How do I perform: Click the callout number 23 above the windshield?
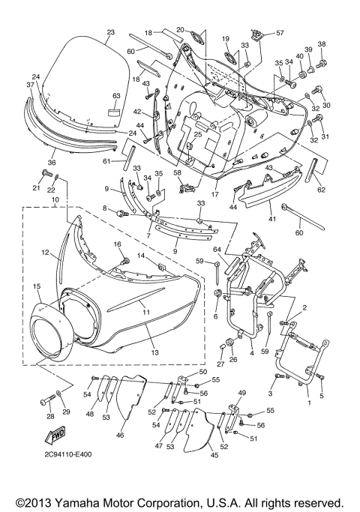(x=110, y=32)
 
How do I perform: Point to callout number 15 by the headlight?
(x=35, y=287)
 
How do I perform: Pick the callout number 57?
(x=280, y=33)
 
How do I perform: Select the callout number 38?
(x=322, y=44)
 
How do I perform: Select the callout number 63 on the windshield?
(x=116, y=97)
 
